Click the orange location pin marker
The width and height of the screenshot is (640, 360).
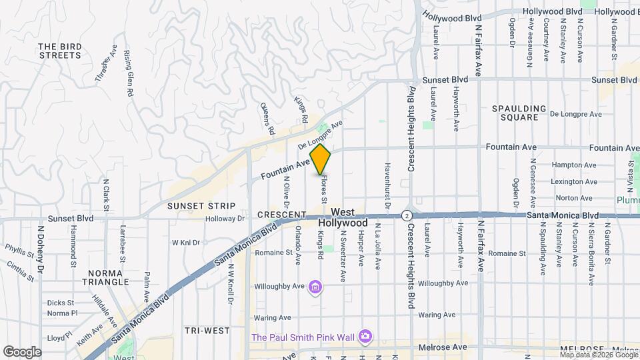coord(321,159)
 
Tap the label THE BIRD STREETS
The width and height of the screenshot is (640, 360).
coord(60,51)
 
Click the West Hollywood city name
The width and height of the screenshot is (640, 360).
coord(342,217)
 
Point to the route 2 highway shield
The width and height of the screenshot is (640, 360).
coord(406,215)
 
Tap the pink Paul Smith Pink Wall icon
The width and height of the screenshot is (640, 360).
coord(365,337)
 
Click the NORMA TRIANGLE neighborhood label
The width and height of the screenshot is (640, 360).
coord(107,277)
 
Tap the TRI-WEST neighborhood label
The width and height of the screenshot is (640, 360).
coord(207,331)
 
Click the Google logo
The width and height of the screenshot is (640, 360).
coord(22,352)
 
